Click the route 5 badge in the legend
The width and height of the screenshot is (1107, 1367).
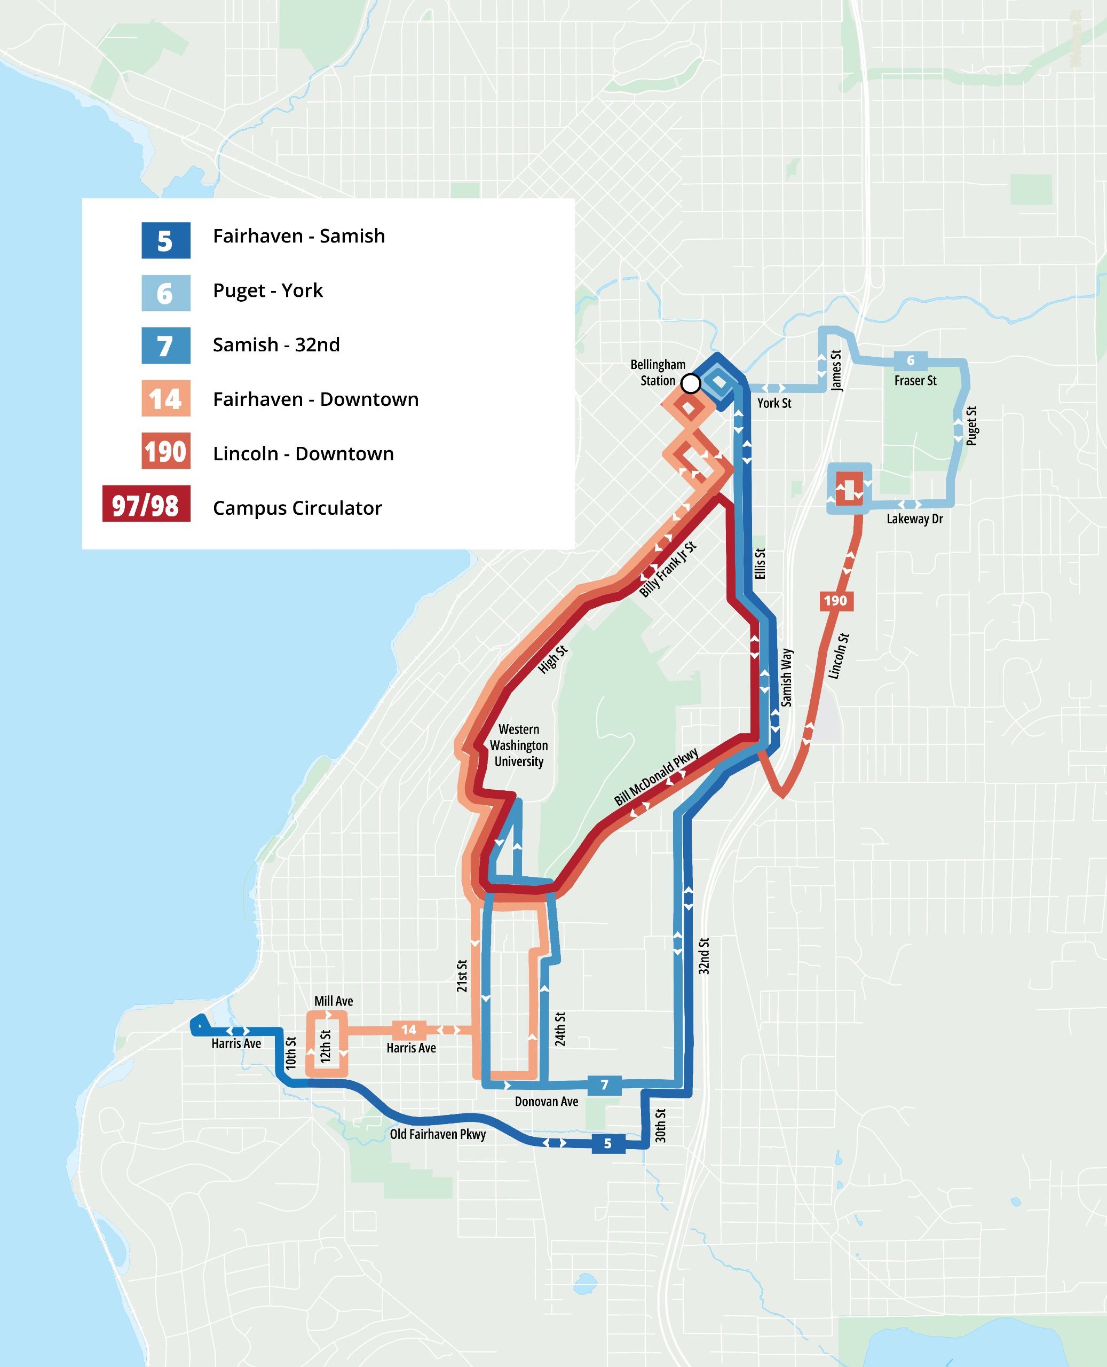[x=166, y=240]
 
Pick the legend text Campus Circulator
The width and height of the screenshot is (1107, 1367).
[x=297, y=508]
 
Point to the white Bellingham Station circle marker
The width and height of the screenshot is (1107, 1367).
[x=691, y=383]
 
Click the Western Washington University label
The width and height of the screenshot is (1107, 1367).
[x=518, y=745]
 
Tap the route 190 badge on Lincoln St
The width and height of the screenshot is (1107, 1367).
[x=835, y=600]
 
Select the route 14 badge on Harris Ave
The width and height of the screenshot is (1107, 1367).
[x=408, y=1030]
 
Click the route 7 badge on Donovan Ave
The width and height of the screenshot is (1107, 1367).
[x=604, y=1085]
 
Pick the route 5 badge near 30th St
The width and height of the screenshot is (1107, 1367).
[x=608, y=1143]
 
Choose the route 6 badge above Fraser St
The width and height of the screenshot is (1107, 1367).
[x=910, y=360]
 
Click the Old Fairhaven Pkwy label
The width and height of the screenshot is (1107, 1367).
[x=438, y=1134]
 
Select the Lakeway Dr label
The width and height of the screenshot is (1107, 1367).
[x=914, y=518]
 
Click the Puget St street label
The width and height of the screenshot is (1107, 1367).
[x=971, y=426]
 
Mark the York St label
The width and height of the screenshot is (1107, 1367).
[x=774, y=403]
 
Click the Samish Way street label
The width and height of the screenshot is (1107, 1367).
[x=787, y=678]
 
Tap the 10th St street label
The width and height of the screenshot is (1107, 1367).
[x=291, y=1052]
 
